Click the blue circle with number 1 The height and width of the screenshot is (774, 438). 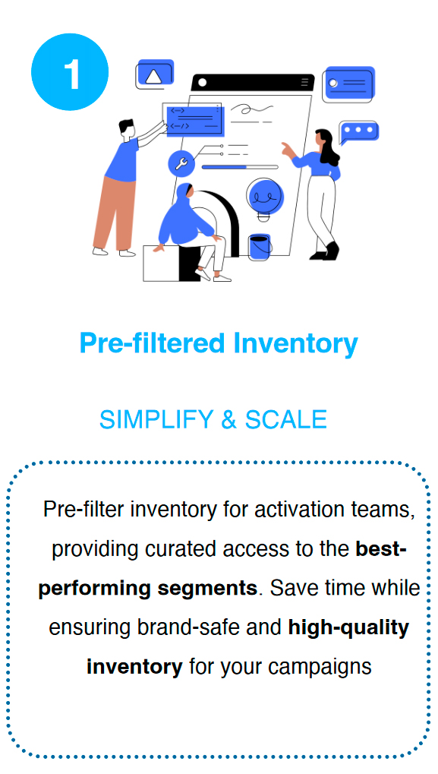pos(70,72)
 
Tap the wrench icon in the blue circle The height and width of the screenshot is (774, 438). pos(181,163)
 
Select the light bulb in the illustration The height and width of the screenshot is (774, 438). pos(266,198)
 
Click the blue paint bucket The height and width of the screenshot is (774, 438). pos(260,247)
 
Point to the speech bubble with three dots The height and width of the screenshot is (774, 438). pos(359,132)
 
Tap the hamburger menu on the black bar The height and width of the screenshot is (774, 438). pos(305,82)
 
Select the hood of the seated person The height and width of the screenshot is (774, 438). pos(184,191)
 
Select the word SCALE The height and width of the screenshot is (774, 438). pos(286,419)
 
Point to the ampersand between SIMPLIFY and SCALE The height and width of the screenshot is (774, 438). pos(229,419)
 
